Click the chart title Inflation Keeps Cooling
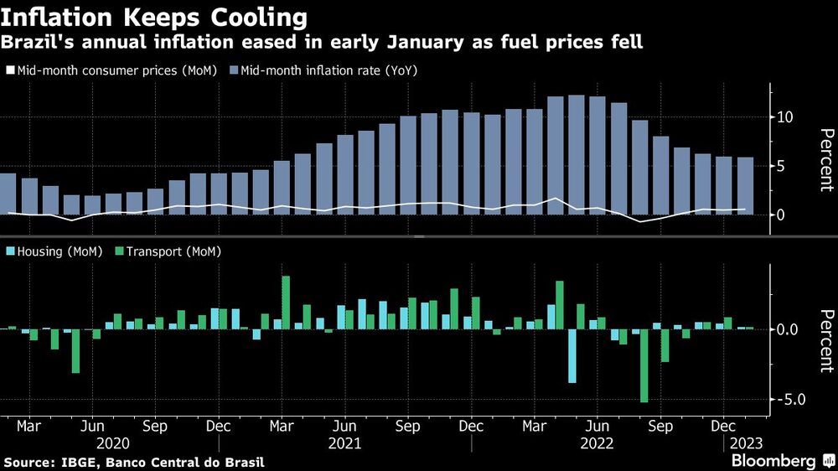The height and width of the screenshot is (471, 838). [153, 16]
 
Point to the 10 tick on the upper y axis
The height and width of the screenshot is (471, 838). [784, 116]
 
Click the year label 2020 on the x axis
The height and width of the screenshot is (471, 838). [114, 443]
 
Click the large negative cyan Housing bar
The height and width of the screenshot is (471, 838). [572, 355]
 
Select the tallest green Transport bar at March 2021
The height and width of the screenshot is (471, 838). [286, 302]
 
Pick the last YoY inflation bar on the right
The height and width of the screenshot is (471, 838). [745, 185]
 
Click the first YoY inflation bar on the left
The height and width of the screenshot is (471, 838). [8, 194]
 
